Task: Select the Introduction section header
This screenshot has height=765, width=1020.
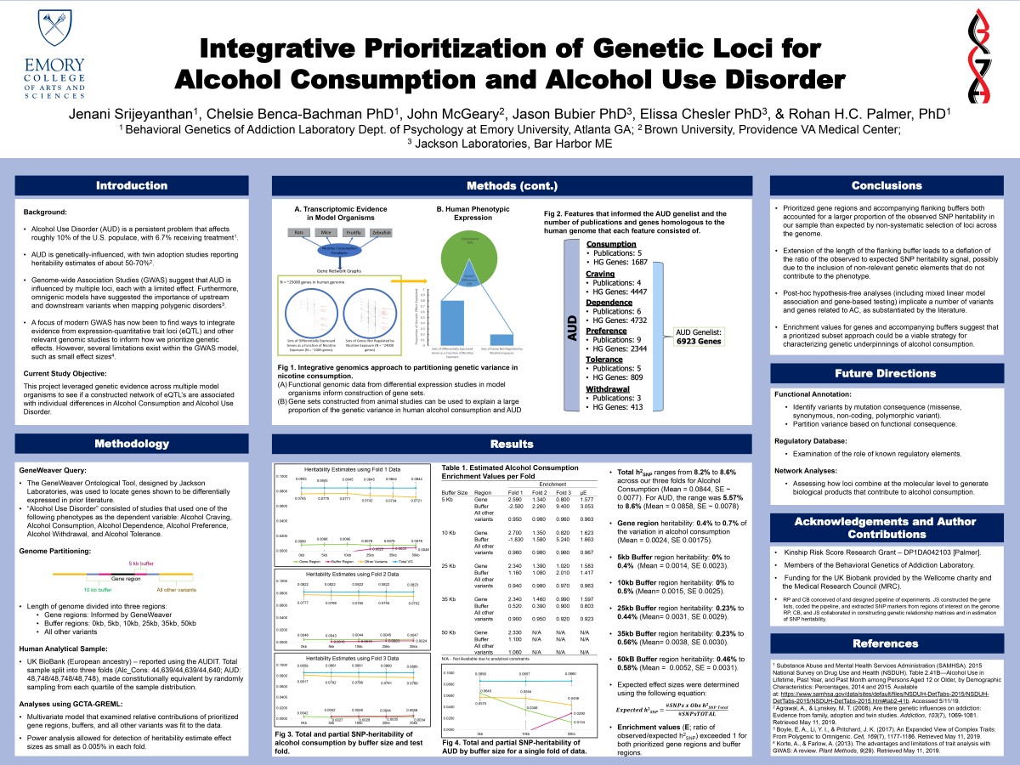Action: point(131,186)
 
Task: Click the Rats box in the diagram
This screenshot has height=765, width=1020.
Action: point(298,231)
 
